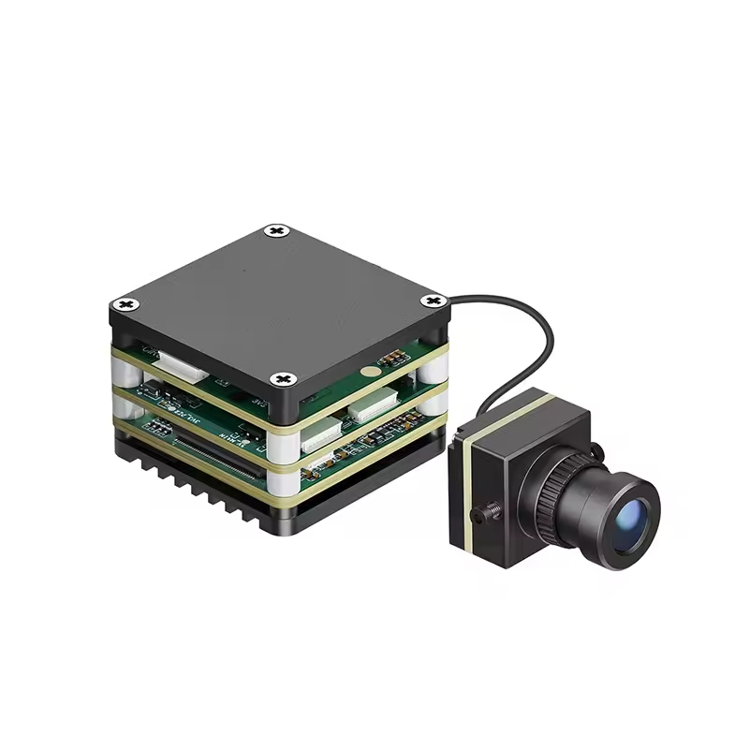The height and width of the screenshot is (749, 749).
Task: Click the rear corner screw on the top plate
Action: coord(275,230)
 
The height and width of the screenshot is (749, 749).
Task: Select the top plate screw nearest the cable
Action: coord(432,301)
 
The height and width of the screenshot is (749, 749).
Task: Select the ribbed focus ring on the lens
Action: coord(561,487)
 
